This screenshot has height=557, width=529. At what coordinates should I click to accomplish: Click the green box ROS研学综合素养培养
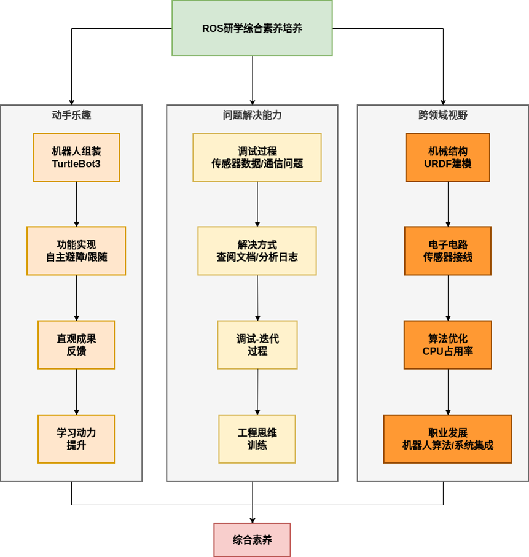coord(252,28)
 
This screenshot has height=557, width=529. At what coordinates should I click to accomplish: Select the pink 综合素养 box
coord(252,540)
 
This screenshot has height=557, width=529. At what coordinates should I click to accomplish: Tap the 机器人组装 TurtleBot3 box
coord(76,157)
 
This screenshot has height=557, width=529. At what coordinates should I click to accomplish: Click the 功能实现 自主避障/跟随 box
coord(76,251)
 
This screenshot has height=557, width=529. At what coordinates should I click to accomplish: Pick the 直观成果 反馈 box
coord(76,345)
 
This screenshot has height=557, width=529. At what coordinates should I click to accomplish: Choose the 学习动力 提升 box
coord(76,438)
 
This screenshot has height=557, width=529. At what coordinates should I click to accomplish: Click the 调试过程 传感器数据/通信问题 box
coord(257,157)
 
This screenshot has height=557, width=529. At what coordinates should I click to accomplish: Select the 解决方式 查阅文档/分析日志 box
coord(257,251)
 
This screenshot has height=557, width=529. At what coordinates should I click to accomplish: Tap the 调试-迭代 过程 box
coord(257,345)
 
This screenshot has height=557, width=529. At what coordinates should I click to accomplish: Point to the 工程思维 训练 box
coord(257,438)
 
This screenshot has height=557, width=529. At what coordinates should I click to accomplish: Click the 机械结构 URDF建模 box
coord(447,157)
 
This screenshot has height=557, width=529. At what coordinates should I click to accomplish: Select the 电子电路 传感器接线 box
coord(447,251)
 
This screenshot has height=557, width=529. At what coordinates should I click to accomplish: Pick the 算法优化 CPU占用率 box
coord(447,345)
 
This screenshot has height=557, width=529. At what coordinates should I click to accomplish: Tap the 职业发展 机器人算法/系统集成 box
coord(447,438)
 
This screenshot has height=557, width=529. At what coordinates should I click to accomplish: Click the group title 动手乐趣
coord(71,115)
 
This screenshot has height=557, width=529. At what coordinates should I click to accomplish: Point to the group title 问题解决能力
coord(252,115)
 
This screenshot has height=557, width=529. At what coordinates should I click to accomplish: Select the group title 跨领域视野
coord(442,115)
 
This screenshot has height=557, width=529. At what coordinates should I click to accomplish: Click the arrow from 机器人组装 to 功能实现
coord(76,204)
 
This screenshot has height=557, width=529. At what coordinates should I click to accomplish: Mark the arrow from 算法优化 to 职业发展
coord(447,392)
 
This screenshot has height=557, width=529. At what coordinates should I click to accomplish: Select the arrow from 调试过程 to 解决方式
coord(257,204)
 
